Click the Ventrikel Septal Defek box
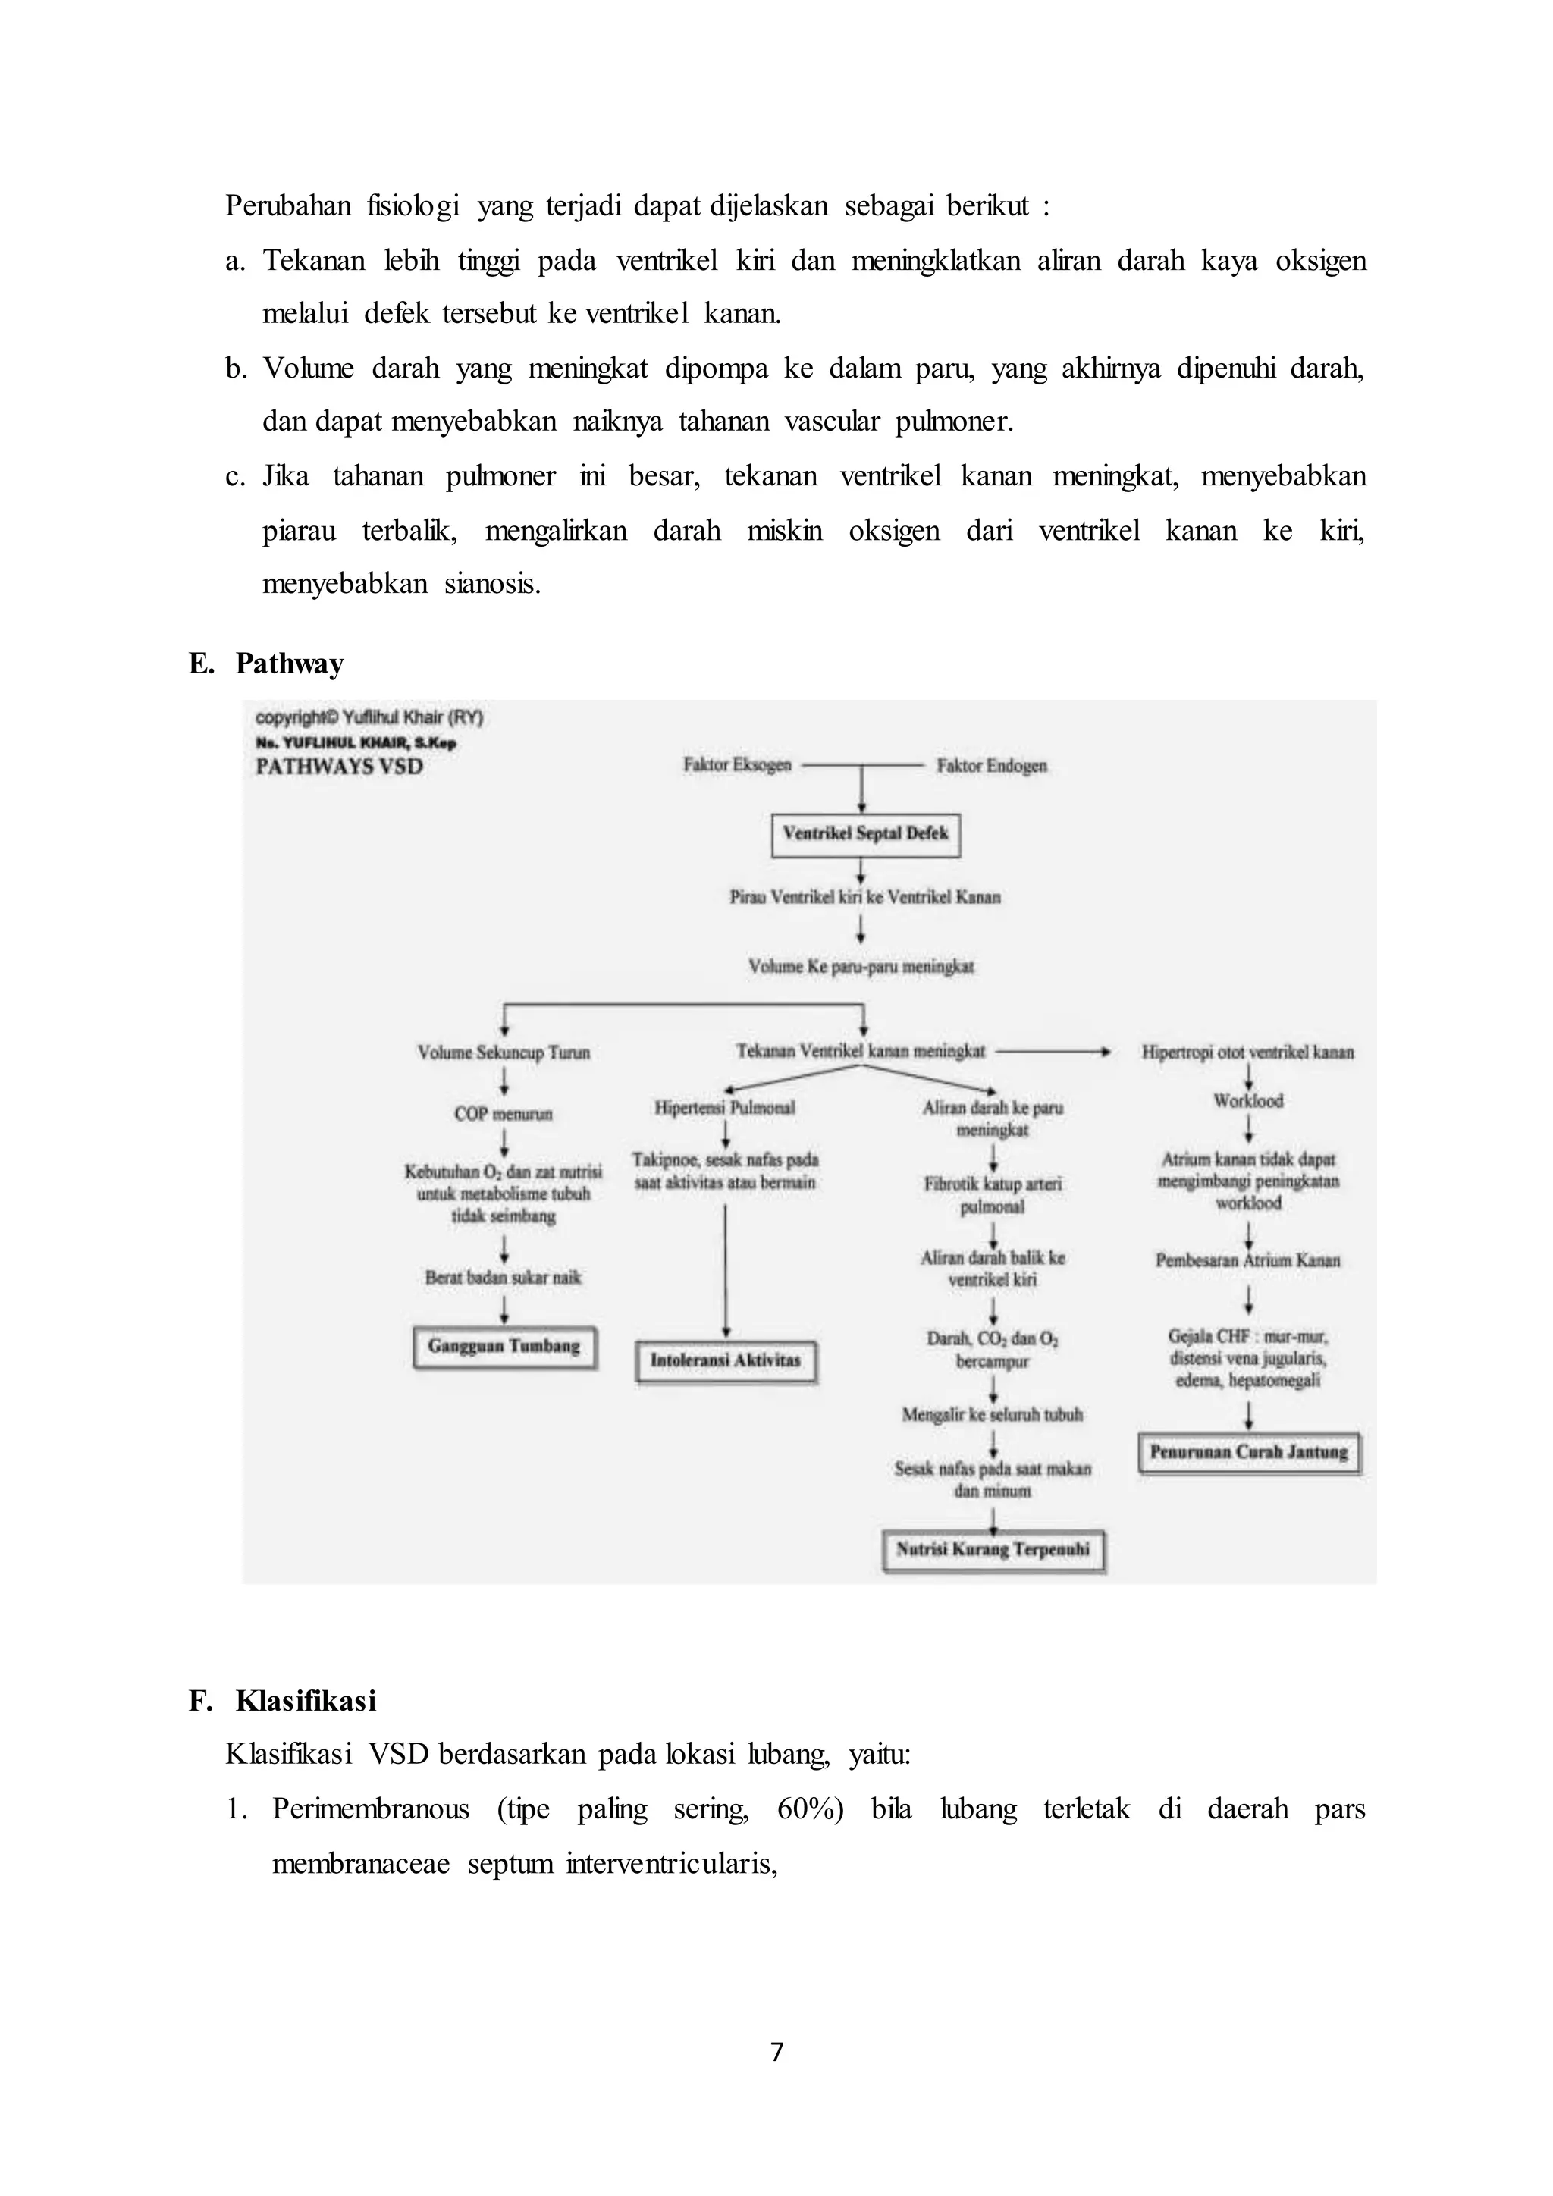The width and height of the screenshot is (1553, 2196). pos(865,834)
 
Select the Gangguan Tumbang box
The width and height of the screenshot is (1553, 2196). pos(504,1347)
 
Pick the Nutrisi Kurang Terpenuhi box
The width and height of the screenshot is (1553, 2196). pos(993,1551)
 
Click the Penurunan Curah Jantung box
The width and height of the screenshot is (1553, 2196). pos(1249,1452)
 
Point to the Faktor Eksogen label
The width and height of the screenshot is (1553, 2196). pos(737,765)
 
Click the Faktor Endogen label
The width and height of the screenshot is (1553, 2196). pos(992,765)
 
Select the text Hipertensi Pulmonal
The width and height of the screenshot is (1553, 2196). pos(725,1108)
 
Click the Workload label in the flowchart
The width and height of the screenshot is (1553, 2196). pos(1248,1101)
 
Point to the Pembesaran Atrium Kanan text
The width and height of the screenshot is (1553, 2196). pos(1248,1260)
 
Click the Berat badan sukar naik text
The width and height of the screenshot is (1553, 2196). pos(503,1278)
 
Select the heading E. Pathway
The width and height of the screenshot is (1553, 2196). pos(267,664)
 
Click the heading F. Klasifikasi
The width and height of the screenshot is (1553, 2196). pos(283,1701)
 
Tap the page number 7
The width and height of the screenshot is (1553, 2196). pos(776,2052)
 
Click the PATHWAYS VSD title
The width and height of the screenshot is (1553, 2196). pos(340,767)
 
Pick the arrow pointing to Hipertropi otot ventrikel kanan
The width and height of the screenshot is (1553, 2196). pos(1052,1052)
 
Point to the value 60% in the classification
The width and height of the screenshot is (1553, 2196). pos(809,1809)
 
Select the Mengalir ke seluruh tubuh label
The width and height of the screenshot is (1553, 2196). pos(993,1414)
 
